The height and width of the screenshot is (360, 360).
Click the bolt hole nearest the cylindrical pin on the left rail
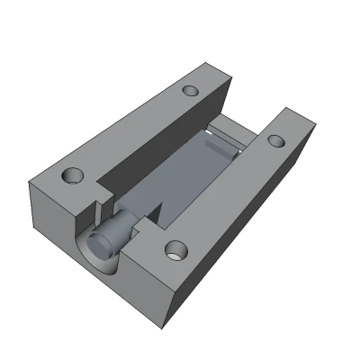(x=72, y=175)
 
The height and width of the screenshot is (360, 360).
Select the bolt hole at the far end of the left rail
(x=190, y=91)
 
